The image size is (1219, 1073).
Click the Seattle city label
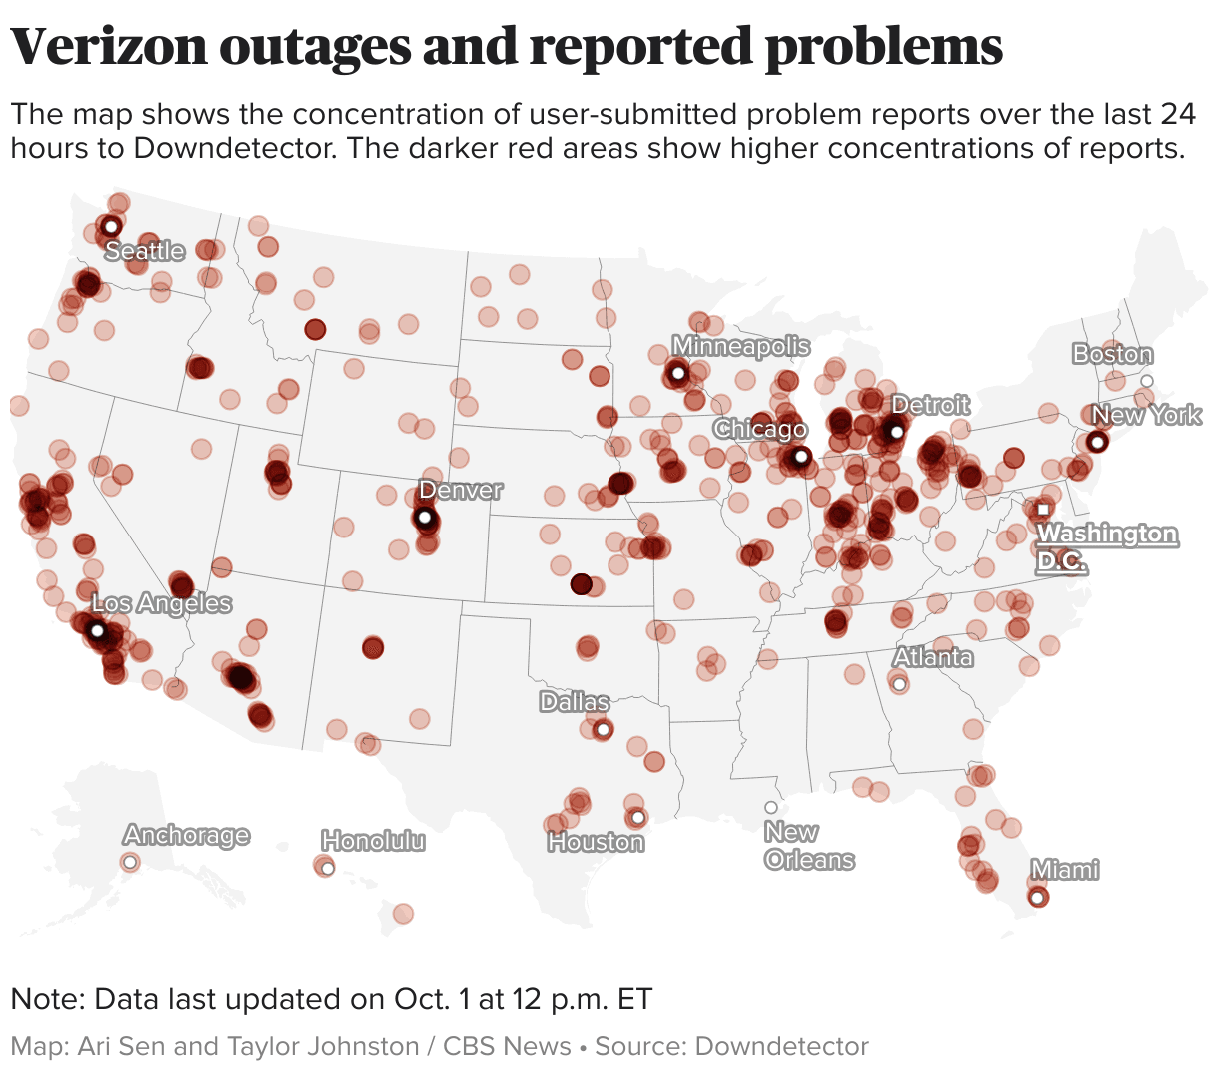(145, 250)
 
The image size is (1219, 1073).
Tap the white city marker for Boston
(1147, 381)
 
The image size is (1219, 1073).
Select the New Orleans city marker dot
(770, 807)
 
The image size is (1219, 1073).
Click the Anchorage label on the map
(186, 835)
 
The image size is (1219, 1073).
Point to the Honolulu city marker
(327, 868)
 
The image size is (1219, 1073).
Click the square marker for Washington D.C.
(1043, 509)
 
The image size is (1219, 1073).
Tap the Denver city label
(460, 490)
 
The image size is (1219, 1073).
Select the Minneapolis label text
(740, 346)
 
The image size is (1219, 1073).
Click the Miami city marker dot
(1037, 898)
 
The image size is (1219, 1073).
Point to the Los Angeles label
(161, 603)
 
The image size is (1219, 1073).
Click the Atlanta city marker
(898, 684)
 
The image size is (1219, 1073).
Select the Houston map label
(596, 843)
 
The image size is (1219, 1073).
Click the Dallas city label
(574, 702)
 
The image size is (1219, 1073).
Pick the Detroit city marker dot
(896, 432)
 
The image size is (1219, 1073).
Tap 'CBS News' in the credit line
(507, 1046)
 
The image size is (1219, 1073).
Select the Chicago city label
(760, 429)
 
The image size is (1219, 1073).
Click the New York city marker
(1097, 442)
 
